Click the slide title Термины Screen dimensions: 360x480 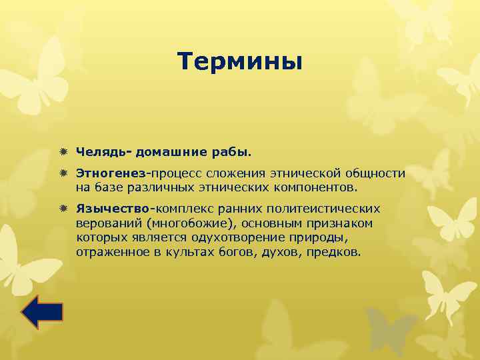240,62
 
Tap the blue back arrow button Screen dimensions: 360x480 42,312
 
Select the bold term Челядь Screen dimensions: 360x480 102,153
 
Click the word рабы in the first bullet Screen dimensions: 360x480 234,153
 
